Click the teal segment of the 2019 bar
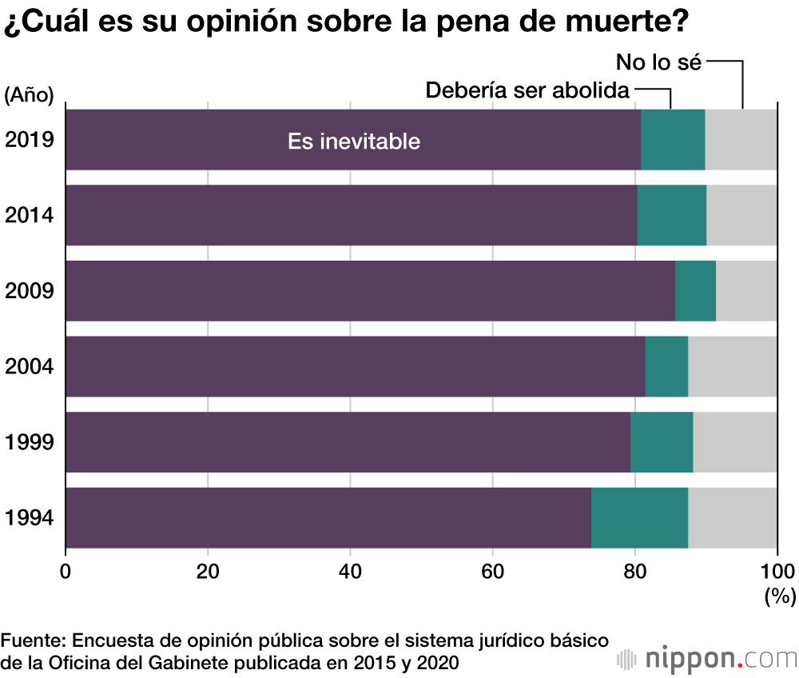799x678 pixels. (x=673, y=139)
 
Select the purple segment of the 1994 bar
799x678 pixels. (x=328, y=517)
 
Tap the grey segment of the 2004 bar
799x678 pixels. (x=732, y=366)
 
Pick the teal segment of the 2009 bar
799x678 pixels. (x=695, y=290)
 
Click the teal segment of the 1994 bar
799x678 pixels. (x=639, y=517)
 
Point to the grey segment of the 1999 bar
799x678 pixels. (x=734, y=441)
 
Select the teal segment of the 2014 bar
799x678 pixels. (x=672, y=215)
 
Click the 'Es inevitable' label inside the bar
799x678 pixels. (x=353, y=142)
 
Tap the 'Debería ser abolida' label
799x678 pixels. (x=527, y=90)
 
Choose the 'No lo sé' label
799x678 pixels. (x=658, y=62)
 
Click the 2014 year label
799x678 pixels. (x=29, y=215)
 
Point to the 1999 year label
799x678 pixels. (x=29, y=441)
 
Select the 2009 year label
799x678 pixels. (x=29, y=290)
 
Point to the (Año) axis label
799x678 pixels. (x=29, y=95)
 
